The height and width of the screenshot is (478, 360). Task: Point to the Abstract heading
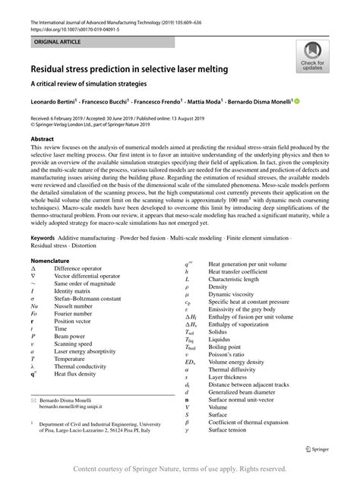point(42,139)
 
